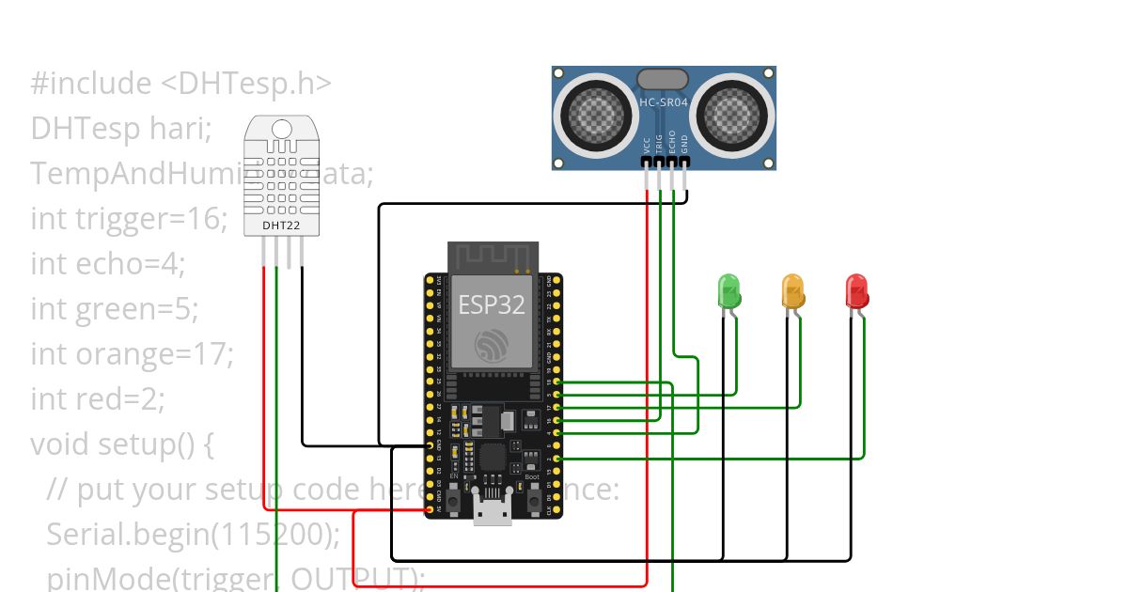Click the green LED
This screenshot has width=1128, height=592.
coord(729,290)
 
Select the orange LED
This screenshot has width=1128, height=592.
coord(793,290)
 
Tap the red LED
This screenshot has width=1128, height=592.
coord(856,290)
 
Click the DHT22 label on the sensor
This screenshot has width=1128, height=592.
coord(274,226)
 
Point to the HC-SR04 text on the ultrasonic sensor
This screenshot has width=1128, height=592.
coord(664,100)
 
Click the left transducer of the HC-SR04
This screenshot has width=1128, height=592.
coord(594,115)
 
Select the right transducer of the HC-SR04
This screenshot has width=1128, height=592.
coord(733,115)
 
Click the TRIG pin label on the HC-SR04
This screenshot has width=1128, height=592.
coord(659,143)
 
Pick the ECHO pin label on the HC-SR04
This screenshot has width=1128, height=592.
coord(671,143)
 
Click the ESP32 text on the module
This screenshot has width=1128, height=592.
coord(492,304)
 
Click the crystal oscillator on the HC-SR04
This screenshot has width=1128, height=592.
coord(663,79)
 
